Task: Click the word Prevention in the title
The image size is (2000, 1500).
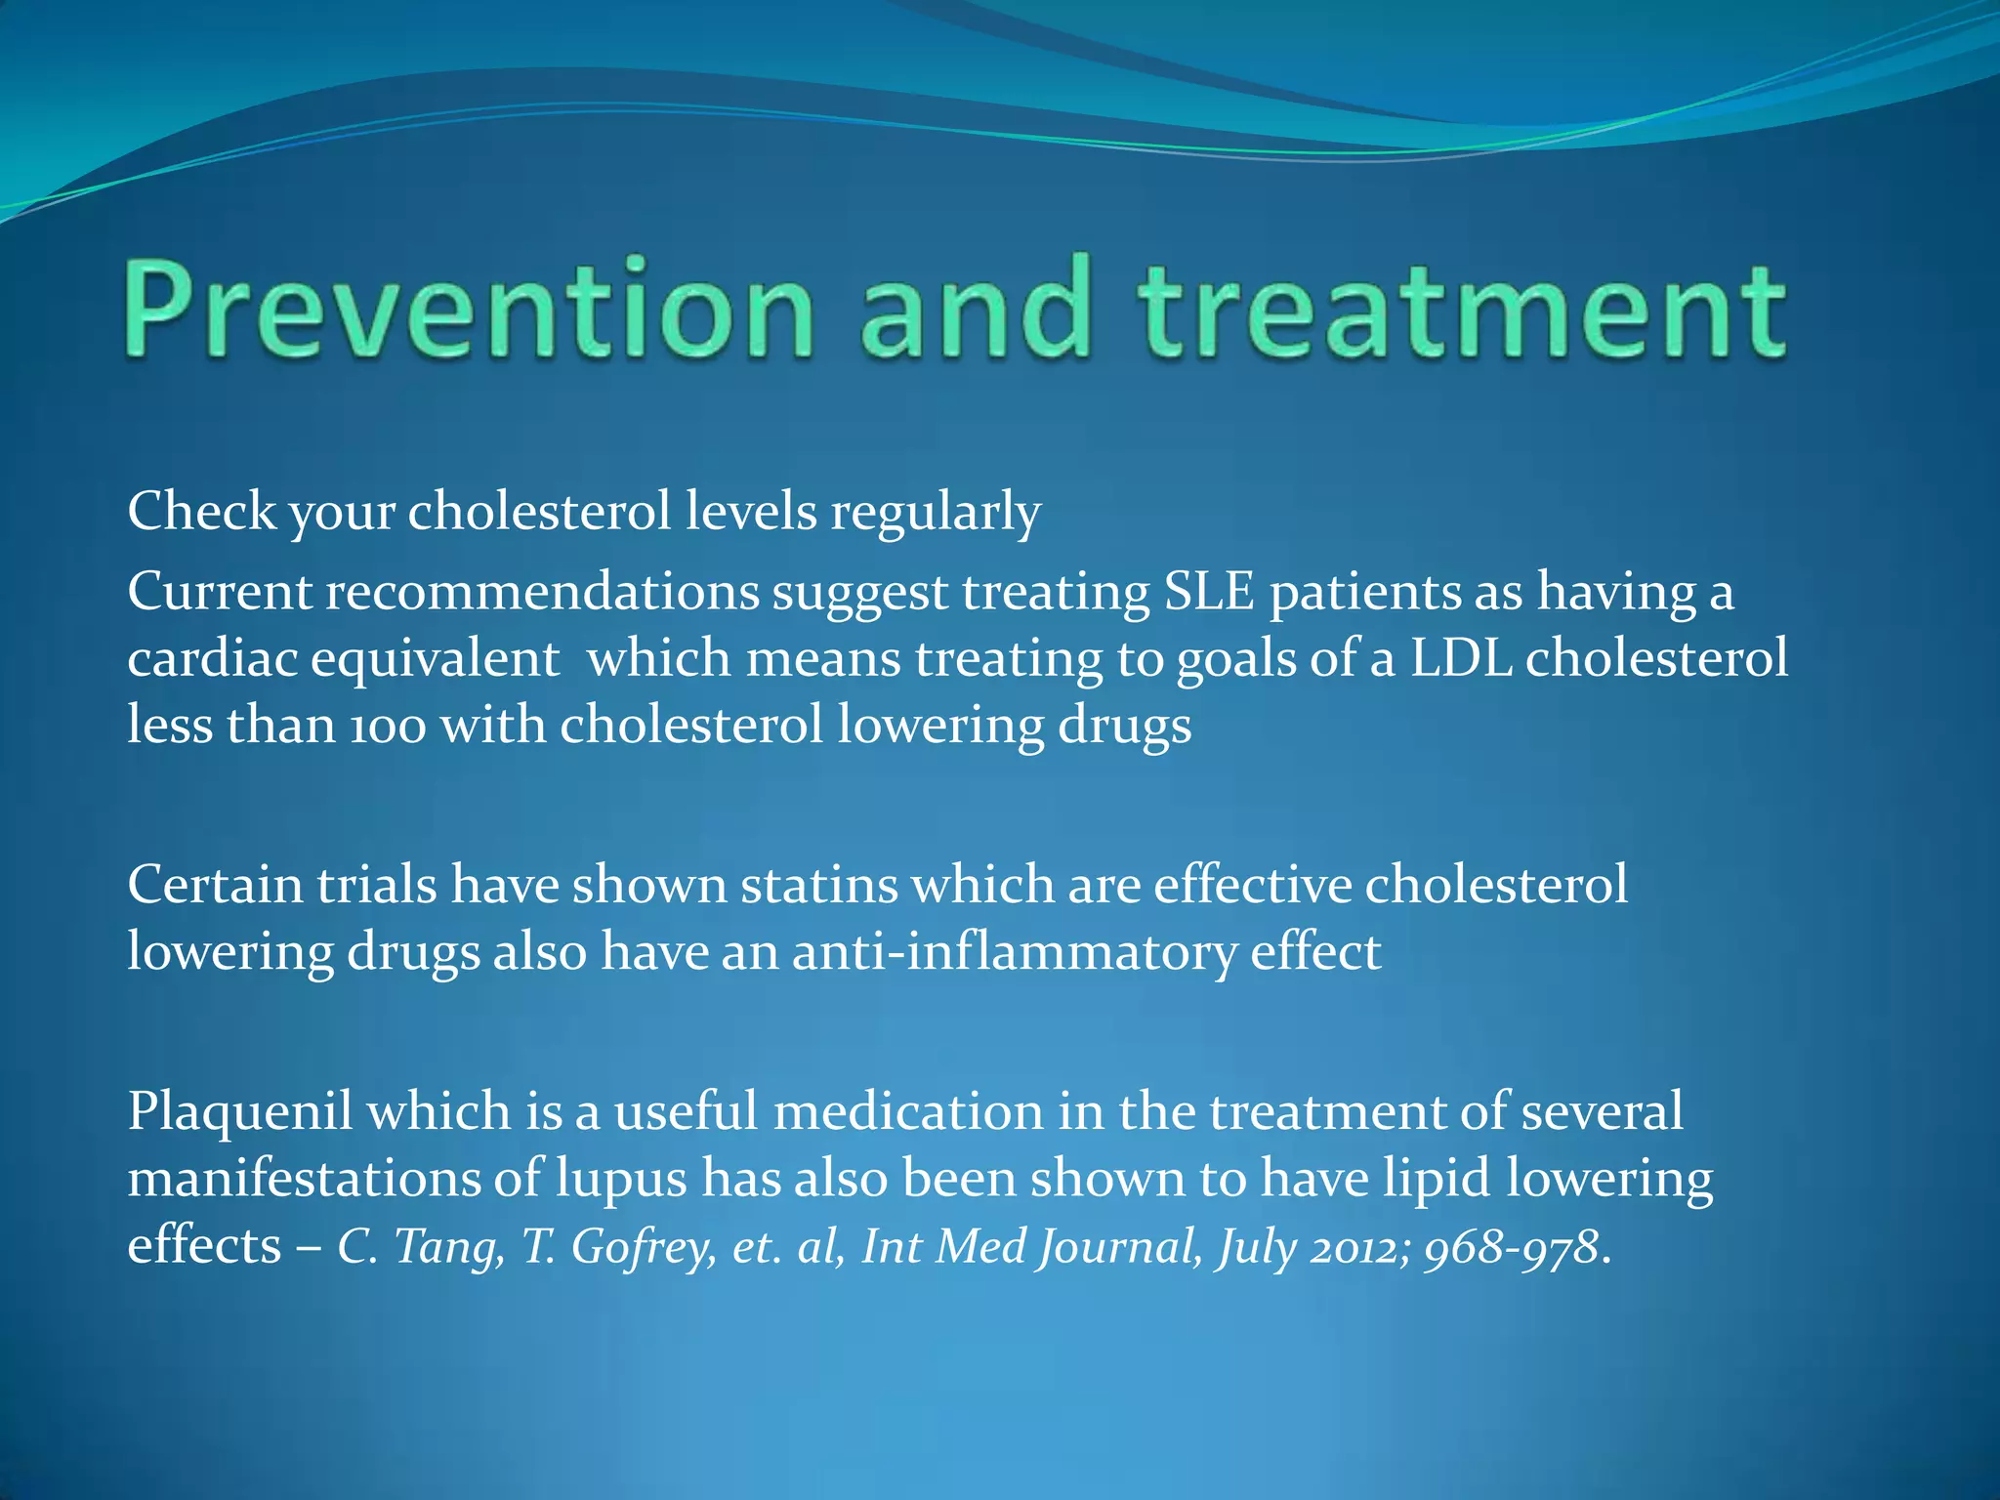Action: pyautogui.click(x=467, y=309)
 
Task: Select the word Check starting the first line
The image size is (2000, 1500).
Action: pyautogui.click(x=201, y=512)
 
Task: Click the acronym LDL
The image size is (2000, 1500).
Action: pyautogui.click(x=1461, y=658)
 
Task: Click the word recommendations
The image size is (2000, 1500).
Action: pyautogui.click(x=542, y=593)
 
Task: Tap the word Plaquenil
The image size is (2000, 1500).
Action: pyautogui.click(x=239, y=1112)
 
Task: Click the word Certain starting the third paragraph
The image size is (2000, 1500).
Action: pyautogui.click(x=215, y=886)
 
